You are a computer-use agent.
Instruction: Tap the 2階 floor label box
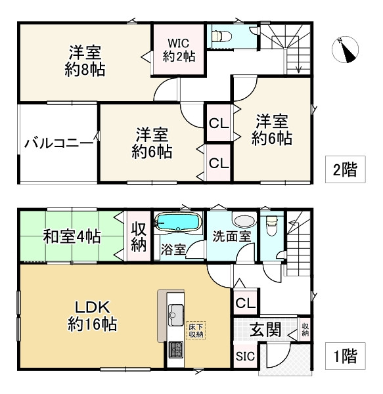344,170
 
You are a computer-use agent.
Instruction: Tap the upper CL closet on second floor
218,123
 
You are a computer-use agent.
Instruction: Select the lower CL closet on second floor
218,162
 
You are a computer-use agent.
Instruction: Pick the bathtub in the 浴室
179,223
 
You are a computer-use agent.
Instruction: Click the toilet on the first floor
270,227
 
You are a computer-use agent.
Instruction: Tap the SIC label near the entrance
244,358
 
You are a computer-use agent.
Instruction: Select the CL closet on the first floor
245,303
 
